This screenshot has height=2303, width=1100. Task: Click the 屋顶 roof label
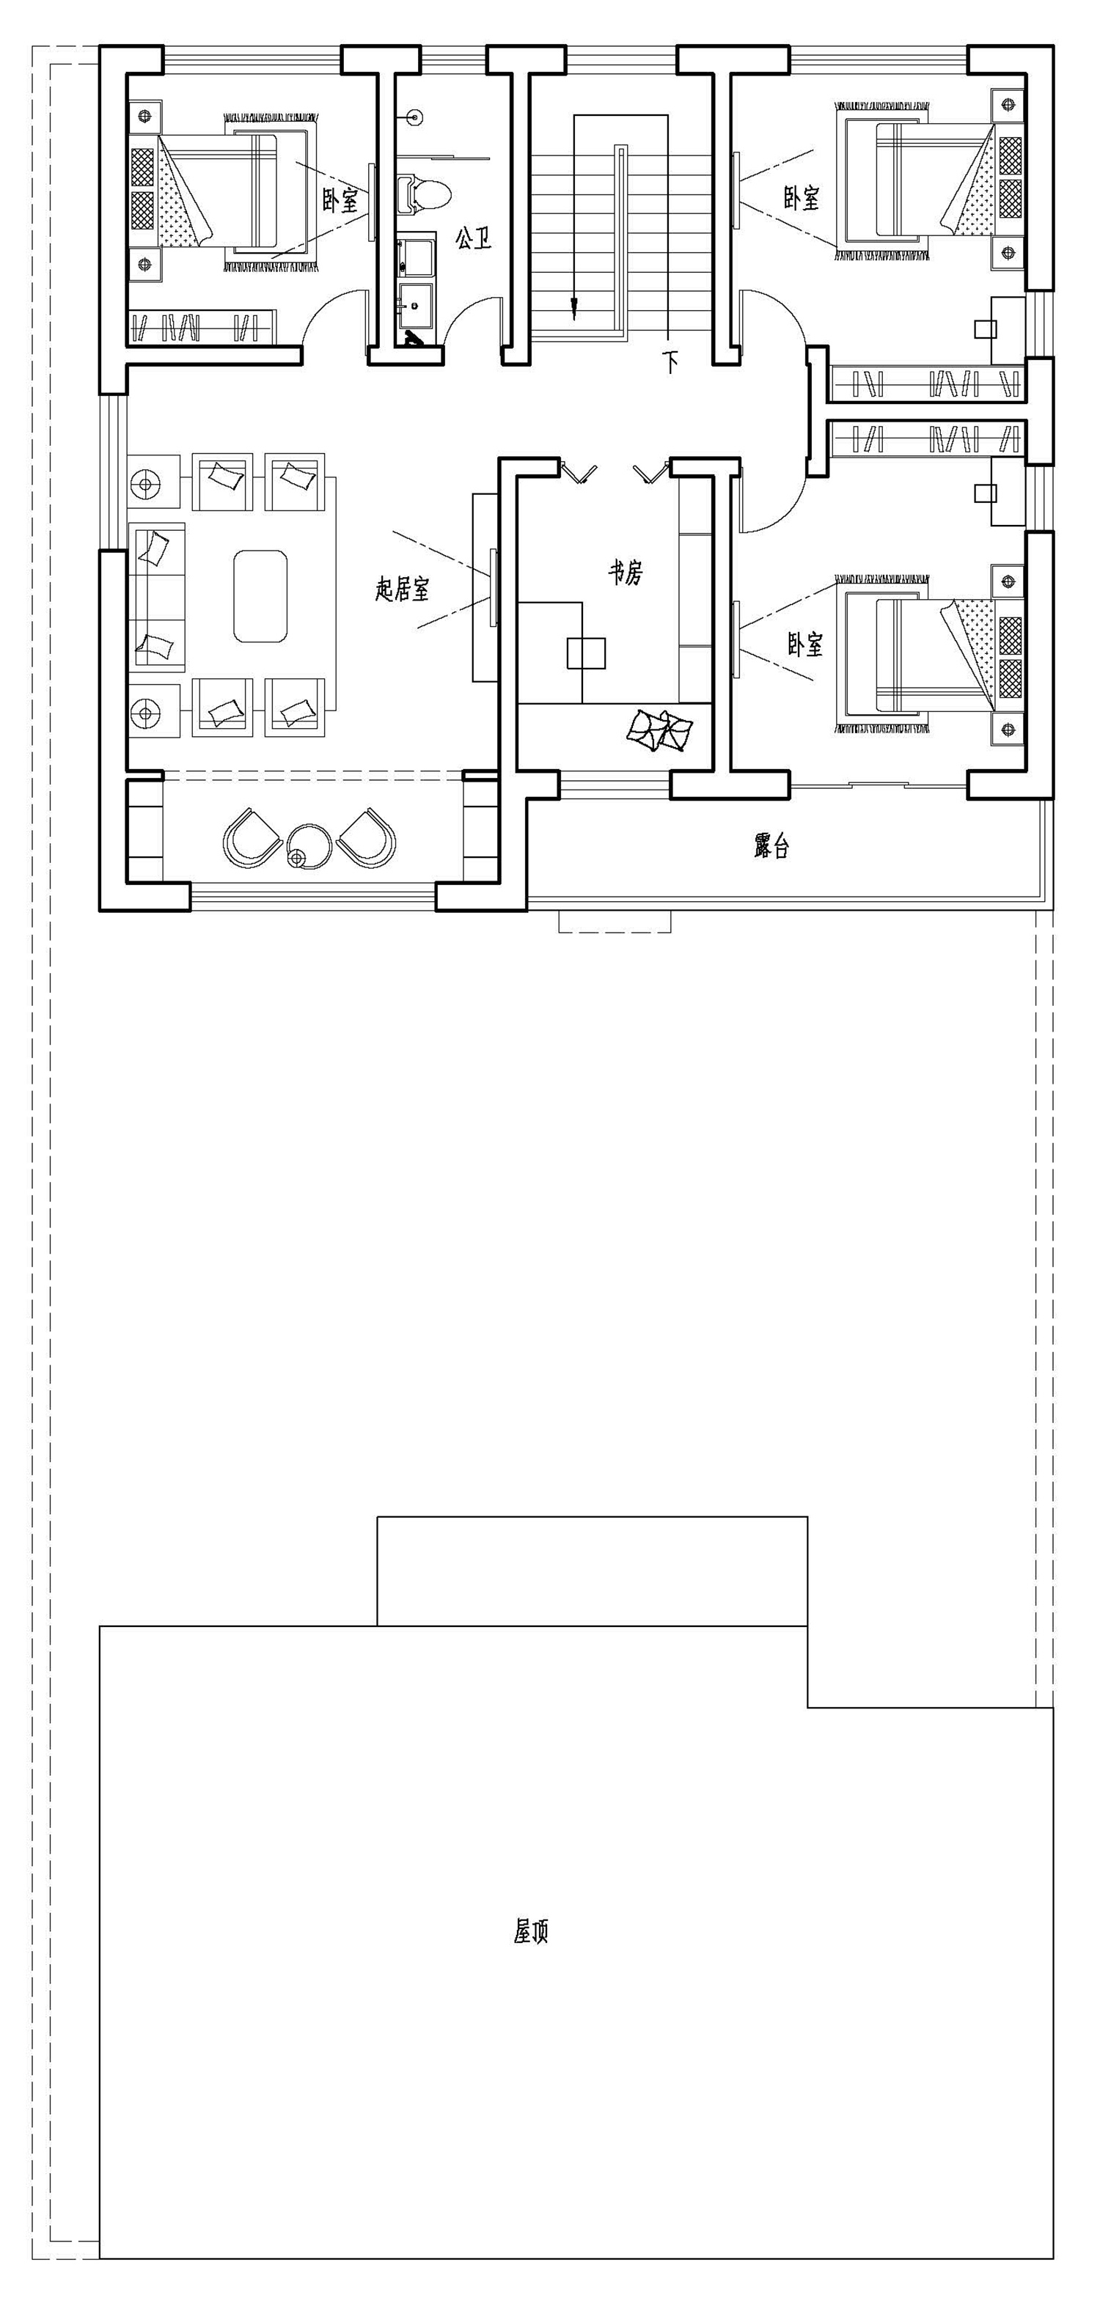[530, 1932]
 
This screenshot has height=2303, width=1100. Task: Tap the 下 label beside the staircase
[671, 361]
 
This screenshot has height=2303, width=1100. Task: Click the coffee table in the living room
[260, 596]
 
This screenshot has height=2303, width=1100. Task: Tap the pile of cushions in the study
[659, 730]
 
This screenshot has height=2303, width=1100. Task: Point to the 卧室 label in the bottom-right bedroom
[805, 644]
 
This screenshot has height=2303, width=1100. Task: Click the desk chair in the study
[586, 653]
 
